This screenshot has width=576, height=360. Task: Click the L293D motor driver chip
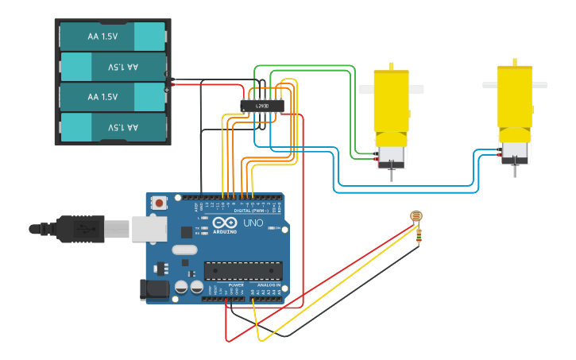pos(261,106)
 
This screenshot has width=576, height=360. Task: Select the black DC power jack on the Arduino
pos(155,291)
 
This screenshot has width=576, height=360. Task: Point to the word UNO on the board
pos(253,223)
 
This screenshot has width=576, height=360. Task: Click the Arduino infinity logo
pos(224,223)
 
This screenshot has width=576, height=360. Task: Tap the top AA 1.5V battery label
pos(102,37)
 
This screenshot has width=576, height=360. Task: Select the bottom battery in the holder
pos(112,127)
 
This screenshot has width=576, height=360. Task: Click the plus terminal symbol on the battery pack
pos(168,89)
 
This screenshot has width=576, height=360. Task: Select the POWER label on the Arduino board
pos(236,285)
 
